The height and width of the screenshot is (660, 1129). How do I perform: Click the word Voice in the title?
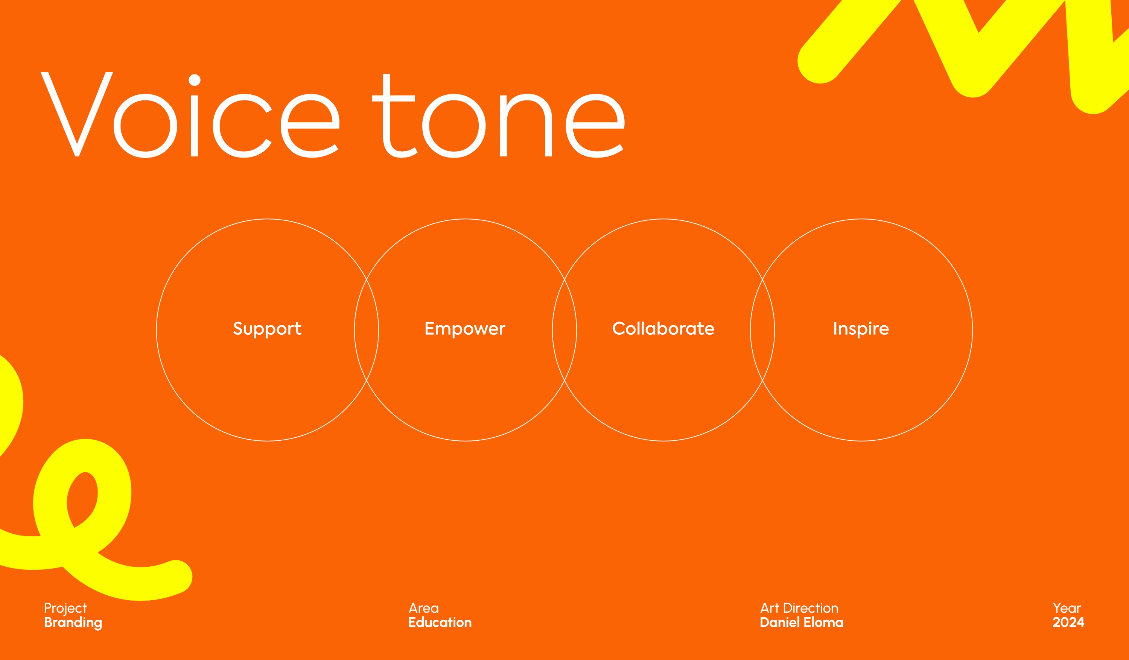coord(190,115)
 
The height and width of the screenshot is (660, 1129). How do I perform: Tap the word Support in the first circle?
coord(268,329)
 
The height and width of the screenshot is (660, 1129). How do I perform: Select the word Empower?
coord(465,329)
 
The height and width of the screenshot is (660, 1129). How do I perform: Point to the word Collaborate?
coord(663,328)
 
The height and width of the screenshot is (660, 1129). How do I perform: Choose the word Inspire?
coord(861,329)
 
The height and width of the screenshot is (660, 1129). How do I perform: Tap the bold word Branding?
coord(73,623)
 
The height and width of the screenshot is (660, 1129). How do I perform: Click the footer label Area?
coord(423,608)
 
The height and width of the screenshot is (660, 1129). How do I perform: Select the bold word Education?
coord(440,622)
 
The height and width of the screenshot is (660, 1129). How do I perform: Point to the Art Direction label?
coord(799,608)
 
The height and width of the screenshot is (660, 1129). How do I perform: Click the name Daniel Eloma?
coord(802,622)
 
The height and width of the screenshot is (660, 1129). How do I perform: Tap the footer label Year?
coord(1067,608)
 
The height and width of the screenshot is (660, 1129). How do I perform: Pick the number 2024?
coord(1068,622)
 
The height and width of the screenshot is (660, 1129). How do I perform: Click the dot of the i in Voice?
coord(195,80)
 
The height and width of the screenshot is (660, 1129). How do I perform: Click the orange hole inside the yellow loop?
coord(82,499)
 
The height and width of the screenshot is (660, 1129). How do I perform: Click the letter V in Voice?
coord(77,114)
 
